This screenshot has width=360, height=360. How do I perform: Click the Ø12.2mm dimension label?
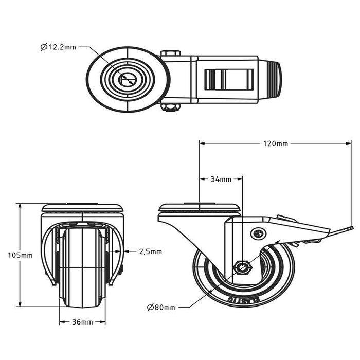click(x=58, y=47)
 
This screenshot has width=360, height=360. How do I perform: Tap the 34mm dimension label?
click(x=221, y=179)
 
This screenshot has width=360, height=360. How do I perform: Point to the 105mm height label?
click(x=20, y=255)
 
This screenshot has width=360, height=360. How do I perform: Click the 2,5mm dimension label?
click(x=150, y=251)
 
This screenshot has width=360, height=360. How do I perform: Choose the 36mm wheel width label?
click(x=82, y=322)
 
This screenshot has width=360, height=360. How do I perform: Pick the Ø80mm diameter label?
click(x=161, y=308)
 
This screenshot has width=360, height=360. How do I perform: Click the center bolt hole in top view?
click(x=127, y=79)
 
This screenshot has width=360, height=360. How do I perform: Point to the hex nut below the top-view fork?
click(x=170, y=106)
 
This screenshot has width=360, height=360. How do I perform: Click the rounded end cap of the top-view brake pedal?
click(x=274, y=80)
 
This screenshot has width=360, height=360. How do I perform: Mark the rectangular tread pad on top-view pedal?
click(x=229, y=80)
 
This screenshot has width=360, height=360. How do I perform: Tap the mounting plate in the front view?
click(x=82, y=208)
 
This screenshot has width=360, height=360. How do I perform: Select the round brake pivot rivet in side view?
click(x=257, y=233)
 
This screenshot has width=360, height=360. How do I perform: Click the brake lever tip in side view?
click(x=350, y=228)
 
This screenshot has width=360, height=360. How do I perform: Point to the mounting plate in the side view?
click(x=200, y=208)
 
